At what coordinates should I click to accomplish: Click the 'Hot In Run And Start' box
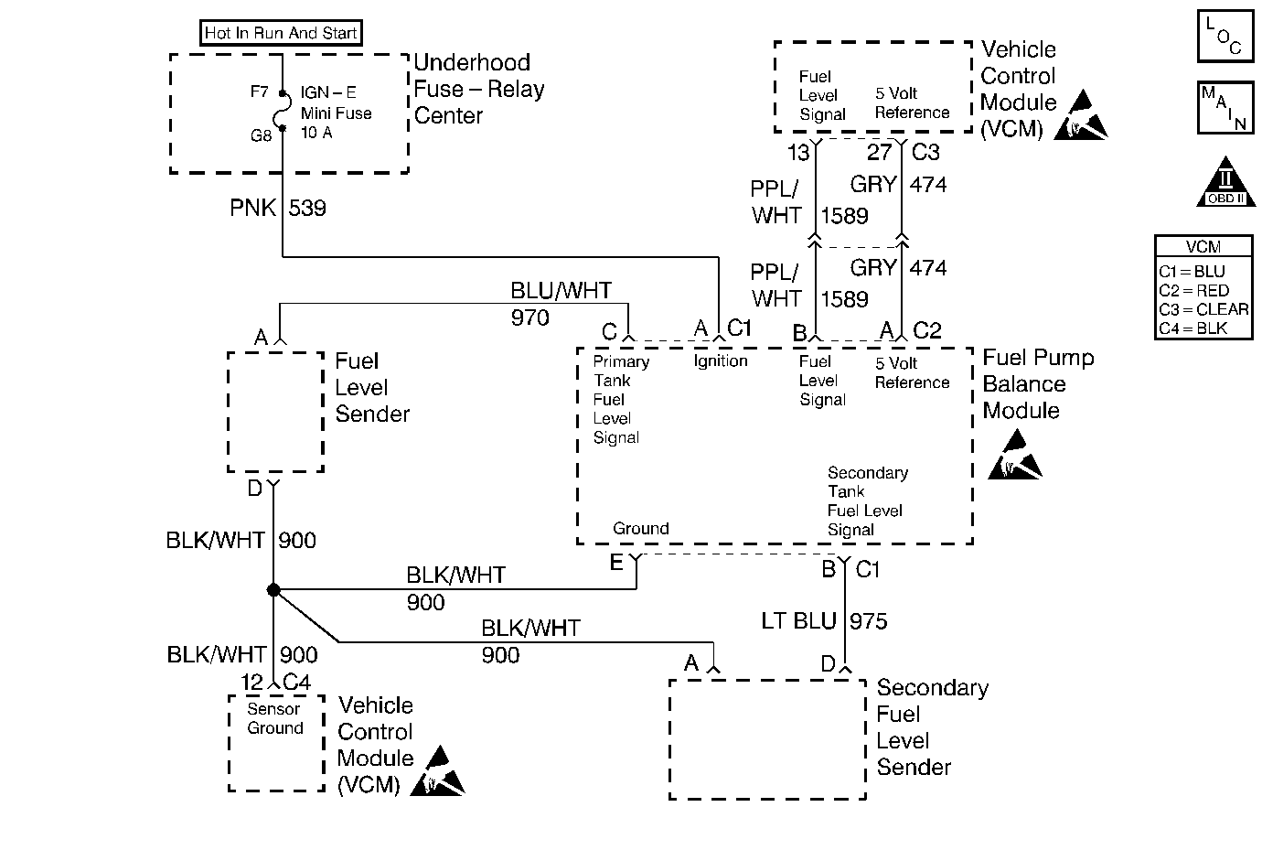tap(281, 34)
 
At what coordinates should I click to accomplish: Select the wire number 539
tap(307, 209)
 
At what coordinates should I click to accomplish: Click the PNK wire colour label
tap(252, 209)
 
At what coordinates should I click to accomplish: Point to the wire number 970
tap(530, 318)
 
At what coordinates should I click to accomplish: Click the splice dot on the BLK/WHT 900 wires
tap(273, 590)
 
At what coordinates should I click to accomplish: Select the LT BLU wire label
tap(798, 621)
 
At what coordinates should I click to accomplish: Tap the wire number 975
tap(868, 621)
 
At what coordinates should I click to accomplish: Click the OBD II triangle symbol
tap(1225, 183)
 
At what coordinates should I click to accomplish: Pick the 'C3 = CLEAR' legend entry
tap(1203, 309)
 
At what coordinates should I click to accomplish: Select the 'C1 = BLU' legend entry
tap(1192, 272)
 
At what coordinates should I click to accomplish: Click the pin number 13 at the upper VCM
tap(798, 153)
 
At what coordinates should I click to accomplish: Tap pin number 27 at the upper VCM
tap(879, 152)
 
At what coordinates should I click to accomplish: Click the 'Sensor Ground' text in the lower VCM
tap(274, 718)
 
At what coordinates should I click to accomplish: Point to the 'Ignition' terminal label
tap(721, 361)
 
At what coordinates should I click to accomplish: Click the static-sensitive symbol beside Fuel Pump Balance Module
tap(1016, 457)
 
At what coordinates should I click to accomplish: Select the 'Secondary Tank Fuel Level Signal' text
tap(867, 501)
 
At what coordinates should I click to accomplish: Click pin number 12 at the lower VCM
tap(252, 683)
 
